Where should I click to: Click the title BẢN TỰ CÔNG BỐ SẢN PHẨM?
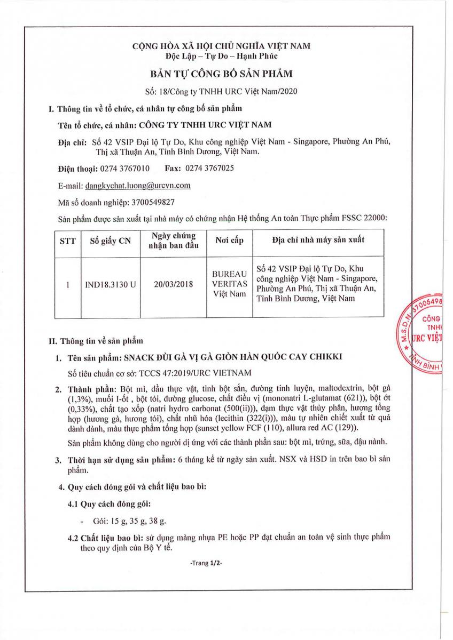pyautogui.click(x=221, y=73)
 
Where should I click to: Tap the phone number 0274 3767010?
pyautogui.click(x=125, y=169)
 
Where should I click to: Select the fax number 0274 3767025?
pyautogui.click(x=209, y=169)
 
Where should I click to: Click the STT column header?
pyautogui.click(x=68, y=241)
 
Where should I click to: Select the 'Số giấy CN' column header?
pyautogui.click(x=110, y=241)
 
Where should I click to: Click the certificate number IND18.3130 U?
pyautogui.click(x=110, y=285)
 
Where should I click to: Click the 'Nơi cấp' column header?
pyautogui.click(x=229, y=241)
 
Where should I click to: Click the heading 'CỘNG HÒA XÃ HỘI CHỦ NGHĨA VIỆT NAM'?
pyautogui.click(x=221, y=46)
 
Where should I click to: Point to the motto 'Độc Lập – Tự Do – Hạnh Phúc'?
pyautogui.click(x=221, y=57)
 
